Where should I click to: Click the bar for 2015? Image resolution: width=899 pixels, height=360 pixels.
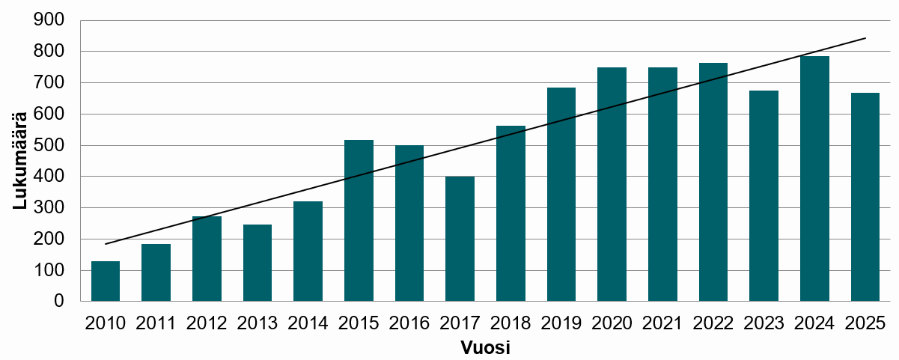[359, 221]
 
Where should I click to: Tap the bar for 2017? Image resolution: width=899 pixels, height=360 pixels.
[460, 239]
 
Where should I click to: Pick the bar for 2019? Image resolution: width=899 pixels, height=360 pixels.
[561, 195]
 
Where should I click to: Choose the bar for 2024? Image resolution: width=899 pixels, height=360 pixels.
[814, 179]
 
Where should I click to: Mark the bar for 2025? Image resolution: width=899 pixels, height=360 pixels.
[865, 198]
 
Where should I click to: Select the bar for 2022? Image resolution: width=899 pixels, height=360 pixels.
[713, 182]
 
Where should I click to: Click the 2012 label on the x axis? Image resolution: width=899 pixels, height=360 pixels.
[207, 323]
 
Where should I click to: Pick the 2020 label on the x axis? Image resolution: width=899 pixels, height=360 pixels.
[612, 323]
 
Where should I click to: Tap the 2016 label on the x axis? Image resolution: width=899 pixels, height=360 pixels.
[409, 323]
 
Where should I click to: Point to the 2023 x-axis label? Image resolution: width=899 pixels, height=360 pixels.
[764, 323]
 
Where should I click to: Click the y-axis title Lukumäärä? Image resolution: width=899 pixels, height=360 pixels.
[21, 160]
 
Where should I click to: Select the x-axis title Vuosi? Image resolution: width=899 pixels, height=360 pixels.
[485, 348]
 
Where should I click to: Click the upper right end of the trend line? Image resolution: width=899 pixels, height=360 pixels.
[865, 37]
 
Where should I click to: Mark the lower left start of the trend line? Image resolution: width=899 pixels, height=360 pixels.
[106, 244]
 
